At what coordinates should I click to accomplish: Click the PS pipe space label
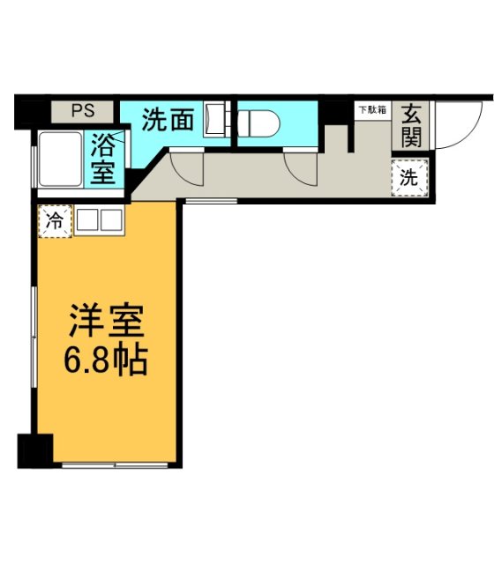pos(82,112)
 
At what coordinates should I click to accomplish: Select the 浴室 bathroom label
pos(104,156)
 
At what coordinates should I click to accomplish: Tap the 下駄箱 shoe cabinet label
pos(371,110)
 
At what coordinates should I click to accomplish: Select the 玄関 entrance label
pos(411,125)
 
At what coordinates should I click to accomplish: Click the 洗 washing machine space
pos(409,176)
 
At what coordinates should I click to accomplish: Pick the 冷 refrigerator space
pos(54,221)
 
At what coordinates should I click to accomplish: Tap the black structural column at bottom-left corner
pos(35,450)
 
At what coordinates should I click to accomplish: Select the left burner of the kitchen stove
pos(88,220)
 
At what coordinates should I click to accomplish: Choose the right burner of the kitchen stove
pos(112,220)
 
